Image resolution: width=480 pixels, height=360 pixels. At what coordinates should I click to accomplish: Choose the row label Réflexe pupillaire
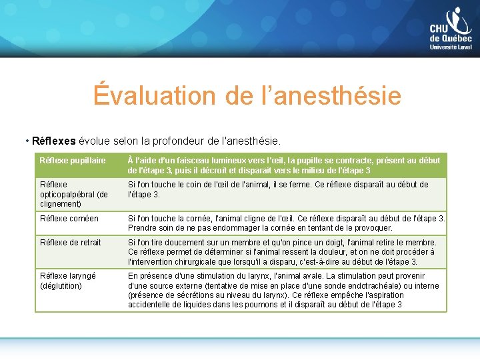point(73,161)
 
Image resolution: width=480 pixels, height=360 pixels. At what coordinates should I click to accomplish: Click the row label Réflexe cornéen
point(69,219)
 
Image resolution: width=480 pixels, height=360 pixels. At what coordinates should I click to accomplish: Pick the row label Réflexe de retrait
point(71,243)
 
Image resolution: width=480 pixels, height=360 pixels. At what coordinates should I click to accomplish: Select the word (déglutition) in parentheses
point(61,286)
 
